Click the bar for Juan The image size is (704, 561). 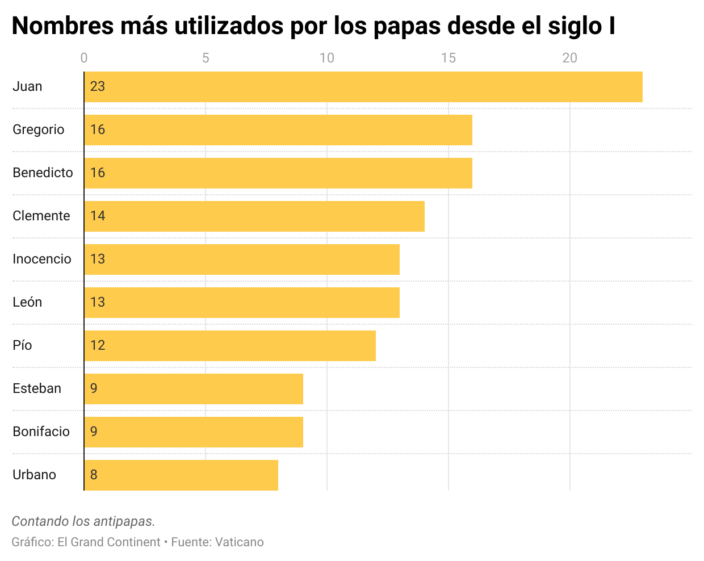(x=363, y=87)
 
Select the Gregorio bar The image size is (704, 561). (x=278, y=130)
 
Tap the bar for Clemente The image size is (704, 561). (x=254, y=216)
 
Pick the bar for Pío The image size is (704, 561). (x=230, y=346)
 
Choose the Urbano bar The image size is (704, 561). (x=181, y=475)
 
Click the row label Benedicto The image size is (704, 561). (x=43, y=173)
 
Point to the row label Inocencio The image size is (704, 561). (x=42, y=259)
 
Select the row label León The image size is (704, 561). (x=27, y=302)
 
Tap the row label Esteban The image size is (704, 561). (x=37, y=388)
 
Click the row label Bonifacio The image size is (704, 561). (x=41, y=432)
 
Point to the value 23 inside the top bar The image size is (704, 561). (x=98, y=86)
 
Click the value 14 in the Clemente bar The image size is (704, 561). (x=98, y=216)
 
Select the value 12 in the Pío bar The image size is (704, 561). (x=98, y=345)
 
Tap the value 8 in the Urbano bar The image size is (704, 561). (x=94, y=475)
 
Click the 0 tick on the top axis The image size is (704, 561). (x=84, y=58)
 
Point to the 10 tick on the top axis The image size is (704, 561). (x=326, y=58)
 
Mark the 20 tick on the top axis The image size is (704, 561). (x=569, y=58)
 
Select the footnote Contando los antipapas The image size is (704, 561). (x=83, y=521)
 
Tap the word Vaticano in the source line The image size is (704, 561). (x=239, y=542)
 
